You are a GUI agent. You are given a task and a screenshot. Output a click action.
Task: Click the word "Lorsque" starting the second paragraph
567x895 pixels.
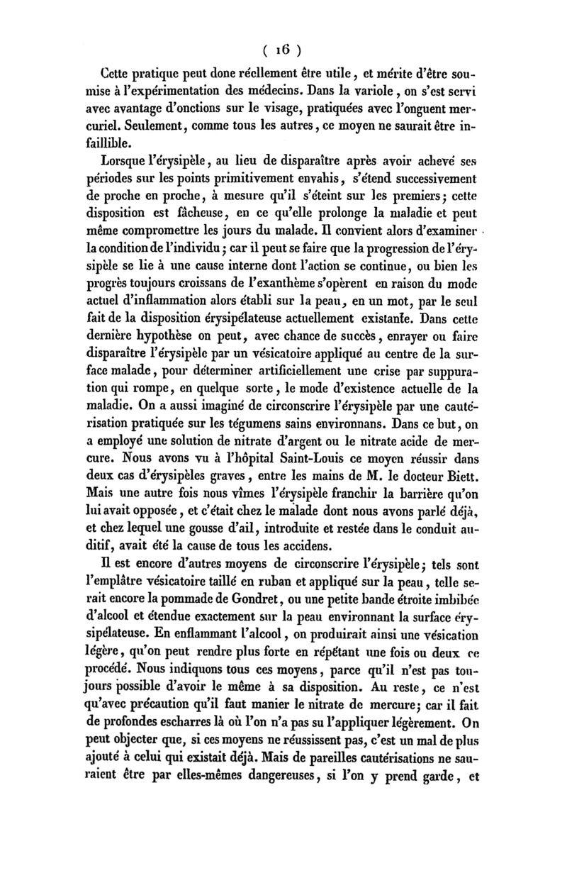(132, 176)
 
